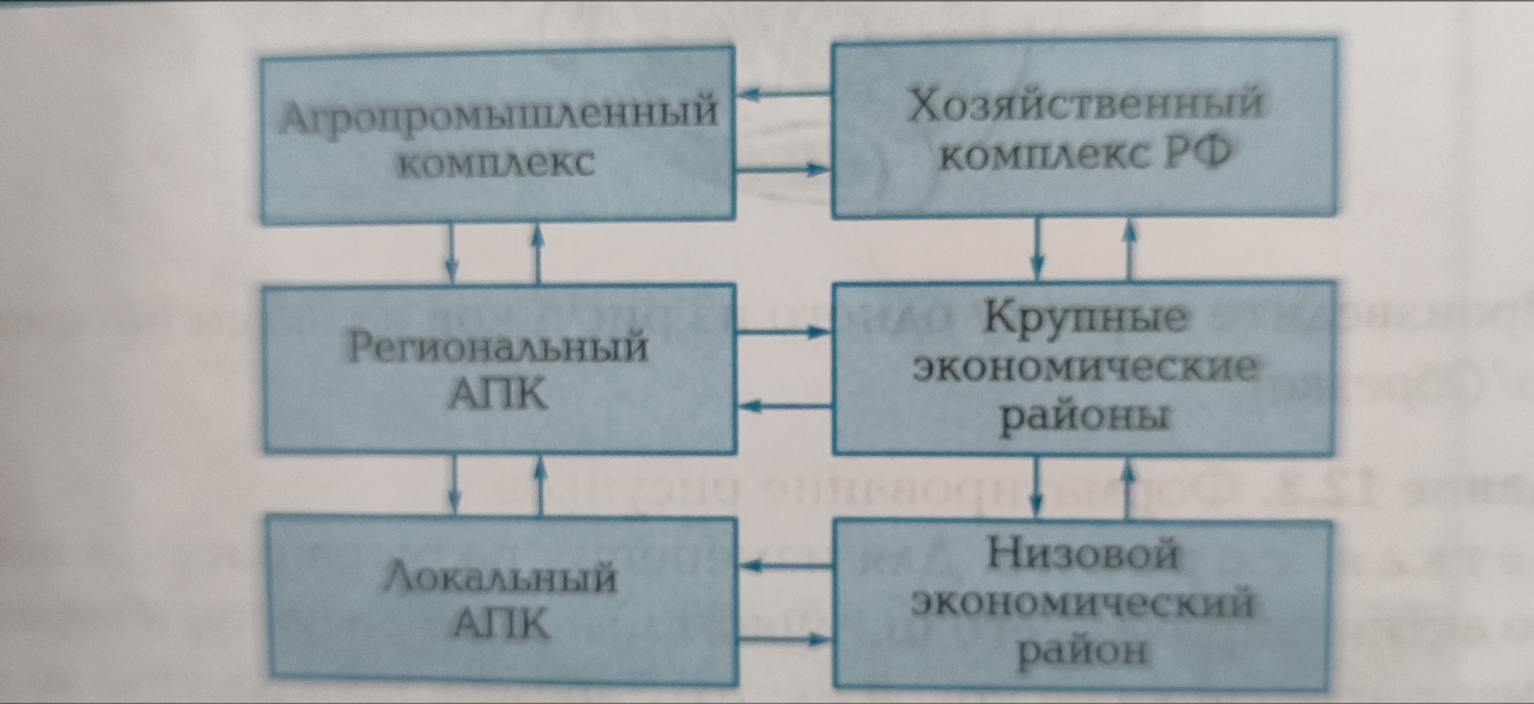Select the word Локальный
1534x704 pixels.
[x=499, y=578]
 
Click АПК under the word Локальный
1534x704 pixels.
[x=501, y=625]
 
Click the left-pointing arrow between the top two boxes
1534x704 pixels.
[x=783, y=94]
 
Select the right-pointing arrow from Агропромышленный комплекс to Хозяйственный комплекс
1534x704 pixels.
[x=783, y=170]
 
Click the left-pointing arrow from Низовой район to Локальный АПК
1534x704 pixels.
[x=784, y=566]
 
